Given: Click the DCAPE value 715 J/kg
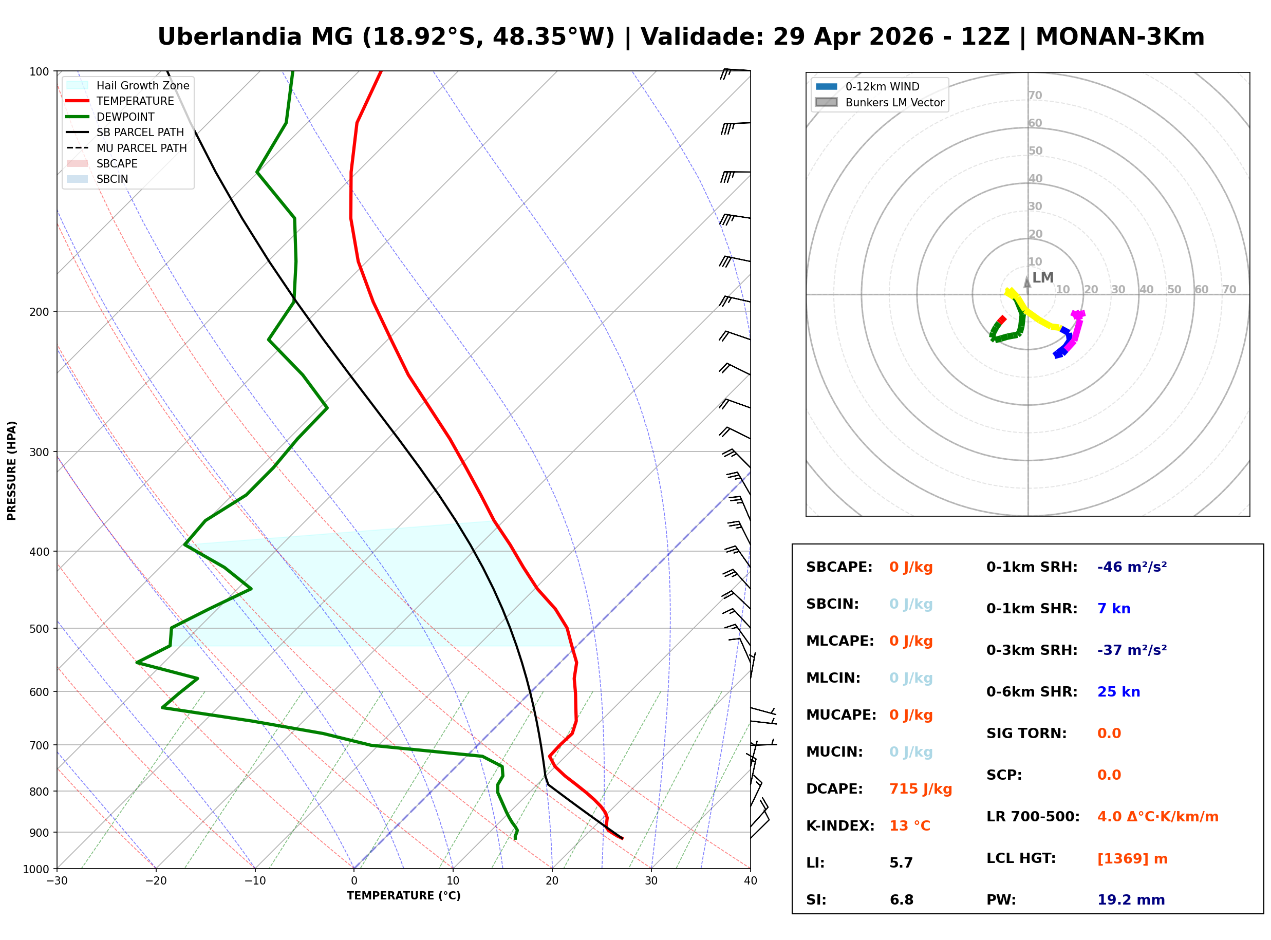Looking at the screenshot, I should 920,788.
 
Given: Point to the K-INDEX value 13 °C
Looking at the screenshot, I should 909,825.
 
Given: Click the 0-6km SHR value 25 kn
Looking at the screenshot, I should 1118,691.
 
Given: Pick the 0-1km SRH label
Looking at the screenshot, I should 1032,567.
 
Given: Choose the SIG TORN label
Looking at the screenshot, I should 1026,733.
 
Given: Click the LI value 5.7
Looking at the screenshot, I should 901,862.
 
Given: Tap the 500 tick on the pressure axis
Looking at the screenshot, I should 39,629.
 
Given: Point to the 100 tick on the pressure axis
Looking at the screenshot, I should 39,72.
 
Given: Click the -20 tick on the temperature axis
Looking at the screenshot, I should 156,881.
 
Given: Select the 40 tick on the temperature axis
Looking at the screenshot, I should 750,881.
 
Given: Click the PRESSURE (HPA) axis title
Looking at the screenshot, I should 12,470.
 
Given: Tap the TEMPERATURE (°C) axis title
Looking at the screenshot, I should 403,896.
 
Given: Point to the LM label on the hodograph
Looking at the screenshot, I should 1042,278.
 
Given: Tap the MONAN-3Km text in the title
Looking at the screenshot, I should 1119,37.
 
